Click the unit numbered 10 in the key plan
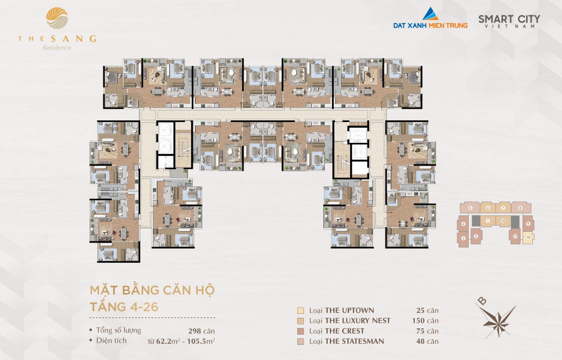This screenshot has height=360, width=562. pos(528,237)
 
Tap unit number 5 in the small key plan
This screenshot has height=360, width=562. pos(470,208)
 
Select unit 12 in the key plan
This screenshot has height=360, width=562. pos(503,220)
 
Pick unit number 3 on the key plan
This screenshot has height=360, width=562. pos(463,238)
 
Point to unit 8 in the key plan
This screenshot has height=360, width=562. pos(520,208)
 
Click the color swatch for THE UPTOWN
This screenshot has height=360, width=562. pos(301,310)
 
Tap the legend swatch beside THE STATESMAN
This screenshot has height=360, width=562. pos(301,341)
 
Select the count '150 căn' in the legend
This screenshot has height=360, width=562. pos(427,321)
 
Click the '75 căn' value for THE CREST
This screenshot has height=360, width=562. pos(429,331)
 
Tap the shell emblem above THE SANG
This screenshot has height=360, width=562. pos(56,20)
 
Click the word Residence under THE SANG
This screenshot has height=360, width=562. pos(57,48)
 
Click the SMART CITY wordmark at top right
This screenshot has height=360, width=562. pos(509,19)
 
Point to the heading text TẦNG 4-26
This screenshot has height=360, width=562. pos(120,307)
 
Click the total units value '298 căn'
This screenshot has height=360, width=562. pos(202,331)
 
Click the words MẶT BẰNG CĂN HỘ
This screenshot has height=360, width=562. pos(152,291)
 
